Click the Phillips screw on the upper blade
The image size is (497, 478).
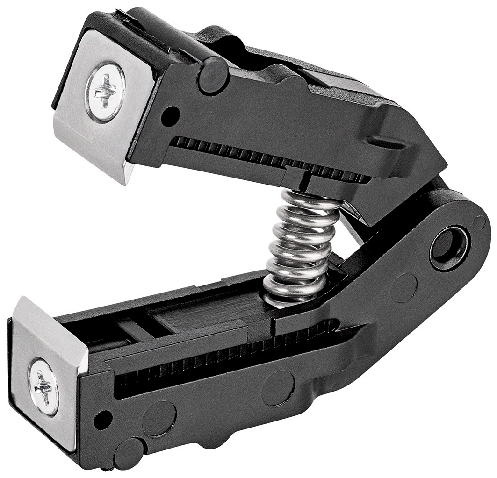105,92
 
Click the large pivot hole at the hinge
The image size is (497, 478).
449,247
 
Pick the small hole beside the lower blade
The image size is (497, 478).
103,419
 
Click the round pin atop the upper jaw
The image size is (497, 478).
213,75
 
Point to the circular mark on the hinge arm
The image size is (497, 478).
403,288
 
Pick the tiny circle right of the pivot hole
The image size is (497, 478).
479,223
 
